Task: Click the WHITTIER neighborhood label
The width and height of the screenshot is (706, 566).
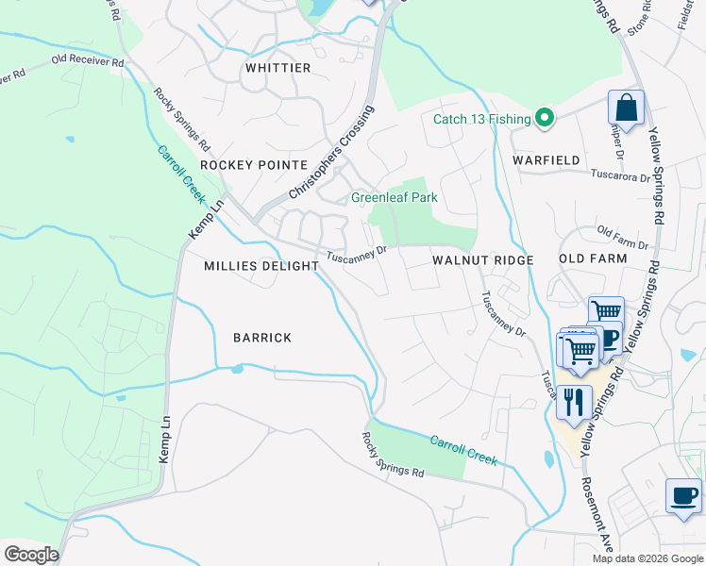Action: [277, 68]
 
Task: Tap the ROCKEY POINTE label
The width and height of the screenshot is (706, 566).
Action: [241, 164]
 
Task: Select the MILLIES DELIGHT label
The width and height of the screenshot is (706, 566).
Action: [261, 266]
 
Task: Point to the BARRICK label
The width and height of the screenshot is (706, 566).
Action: [262, 338]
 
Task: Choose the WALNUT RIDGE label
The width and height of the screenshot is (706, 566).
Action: [483, 259]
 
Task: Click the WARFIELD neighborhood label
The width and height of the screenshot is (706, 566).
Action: [546, 160]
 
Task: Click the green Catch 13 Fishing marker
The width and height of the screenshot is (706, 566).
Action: [544, 118]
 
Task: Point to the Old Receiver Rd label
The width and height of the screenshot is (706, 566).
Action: [88, 60]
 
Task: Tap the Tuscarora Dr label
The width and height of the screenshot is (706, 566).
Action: [620, 175]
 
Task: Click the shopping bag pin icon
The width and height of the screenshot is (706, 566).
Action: [626, 108]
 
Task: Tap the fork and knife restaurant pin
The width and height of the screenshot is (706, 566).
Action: [574, 402]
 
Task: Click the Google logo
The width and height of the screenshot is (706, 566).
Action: [30, 554]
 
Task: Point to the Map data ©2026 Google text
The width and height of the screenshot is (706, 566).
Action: [647, 558]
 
